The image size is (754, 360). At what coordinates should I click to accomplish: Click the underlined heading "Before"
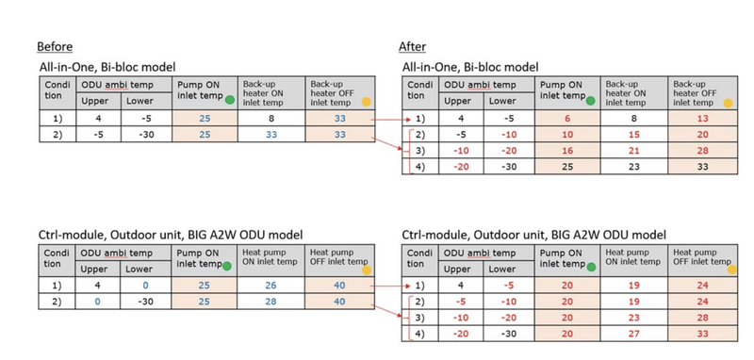click(x=54, y=47)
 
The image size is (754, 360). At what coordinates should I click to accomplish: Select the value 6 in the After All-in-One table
click(x=567, y=119)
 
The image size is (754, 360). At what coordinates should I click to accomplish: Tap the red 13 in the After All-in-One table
click(x=700, y=119)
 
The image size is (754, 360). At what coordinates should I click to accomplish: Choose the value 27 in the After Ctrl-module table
click(x=633, y=333)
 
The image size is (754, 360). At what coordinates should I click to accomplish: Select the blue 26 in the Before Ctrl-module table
click(x=270, y=284)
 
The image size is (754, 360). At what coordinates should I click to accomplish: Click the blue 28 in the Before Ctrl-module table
click(x=270, y=301)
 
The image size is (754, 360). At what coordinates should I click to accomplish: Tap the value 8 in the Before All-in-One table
click(x=270, y=119)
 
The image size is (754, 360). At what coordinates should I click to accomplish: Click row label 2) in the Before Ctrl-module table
click(x=55, y=301)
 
